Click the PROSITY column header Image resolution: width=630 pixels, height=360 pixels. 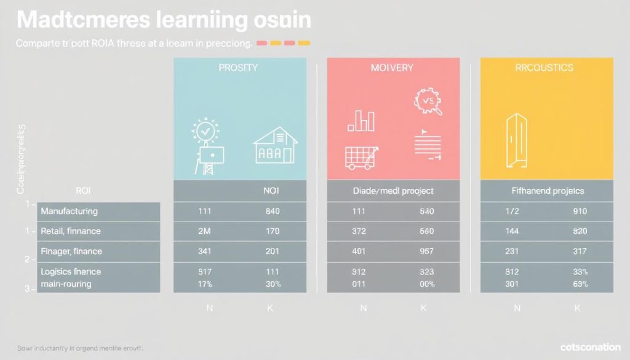click(x=238, y=68)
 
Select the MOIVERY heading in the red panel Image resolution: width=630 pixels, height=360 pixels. click(x=393, y=68)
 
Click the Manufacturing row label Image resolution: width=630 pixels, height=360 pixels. click(x=69, y=211)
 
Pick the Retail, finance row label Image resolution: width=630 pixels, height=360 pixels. click(x=71, y=231)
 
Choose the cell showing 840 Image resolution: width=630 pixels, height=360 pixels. click(x=271, y=212)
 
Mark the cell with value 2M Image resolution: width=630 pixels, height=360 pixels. click(x=204, y=231)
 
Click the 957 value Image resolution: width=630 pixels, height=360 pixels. click(x=426, y=252)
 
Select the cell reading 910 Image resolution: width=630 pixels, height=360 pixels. click(x=579, y=212)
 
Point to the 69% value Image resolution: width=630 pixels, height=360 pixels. click(x=579, y=284)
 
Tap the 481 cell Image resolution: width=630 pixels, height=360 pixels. click(x=358, y=252)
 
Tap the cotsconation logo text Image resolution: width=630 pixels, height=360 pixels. click(x=590, y=348)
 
